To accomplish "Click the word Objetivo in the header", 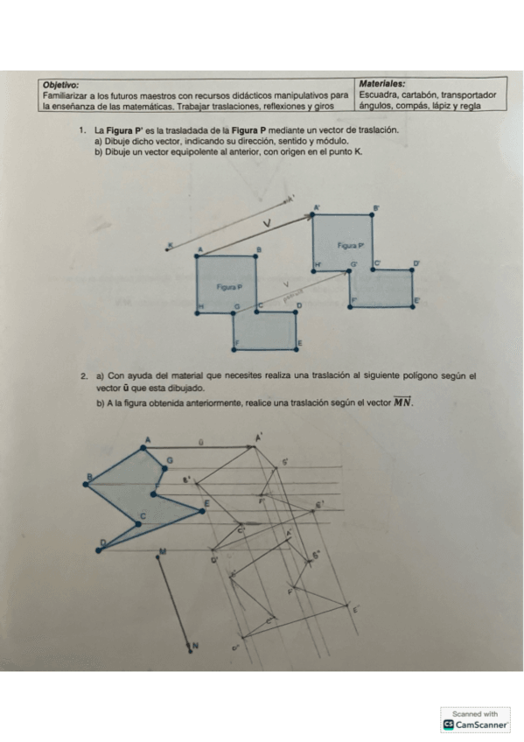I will point(59,84).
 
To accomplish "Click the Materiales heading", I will point(381,84).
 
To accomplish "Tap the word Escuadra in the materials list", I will point(379,94).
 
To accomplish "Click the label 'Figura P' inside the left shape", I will point(229,286).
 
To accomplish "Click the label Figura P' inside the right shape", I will point(349,247).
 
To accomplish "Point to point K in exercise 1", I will point(170,244).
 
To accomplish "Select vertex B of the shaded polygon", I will point(88,478).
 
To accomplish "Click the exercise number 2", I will point(82,376).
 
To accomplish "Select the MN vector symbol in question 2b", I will point(402,402).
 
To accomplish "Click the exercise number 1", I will point(80,129).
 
